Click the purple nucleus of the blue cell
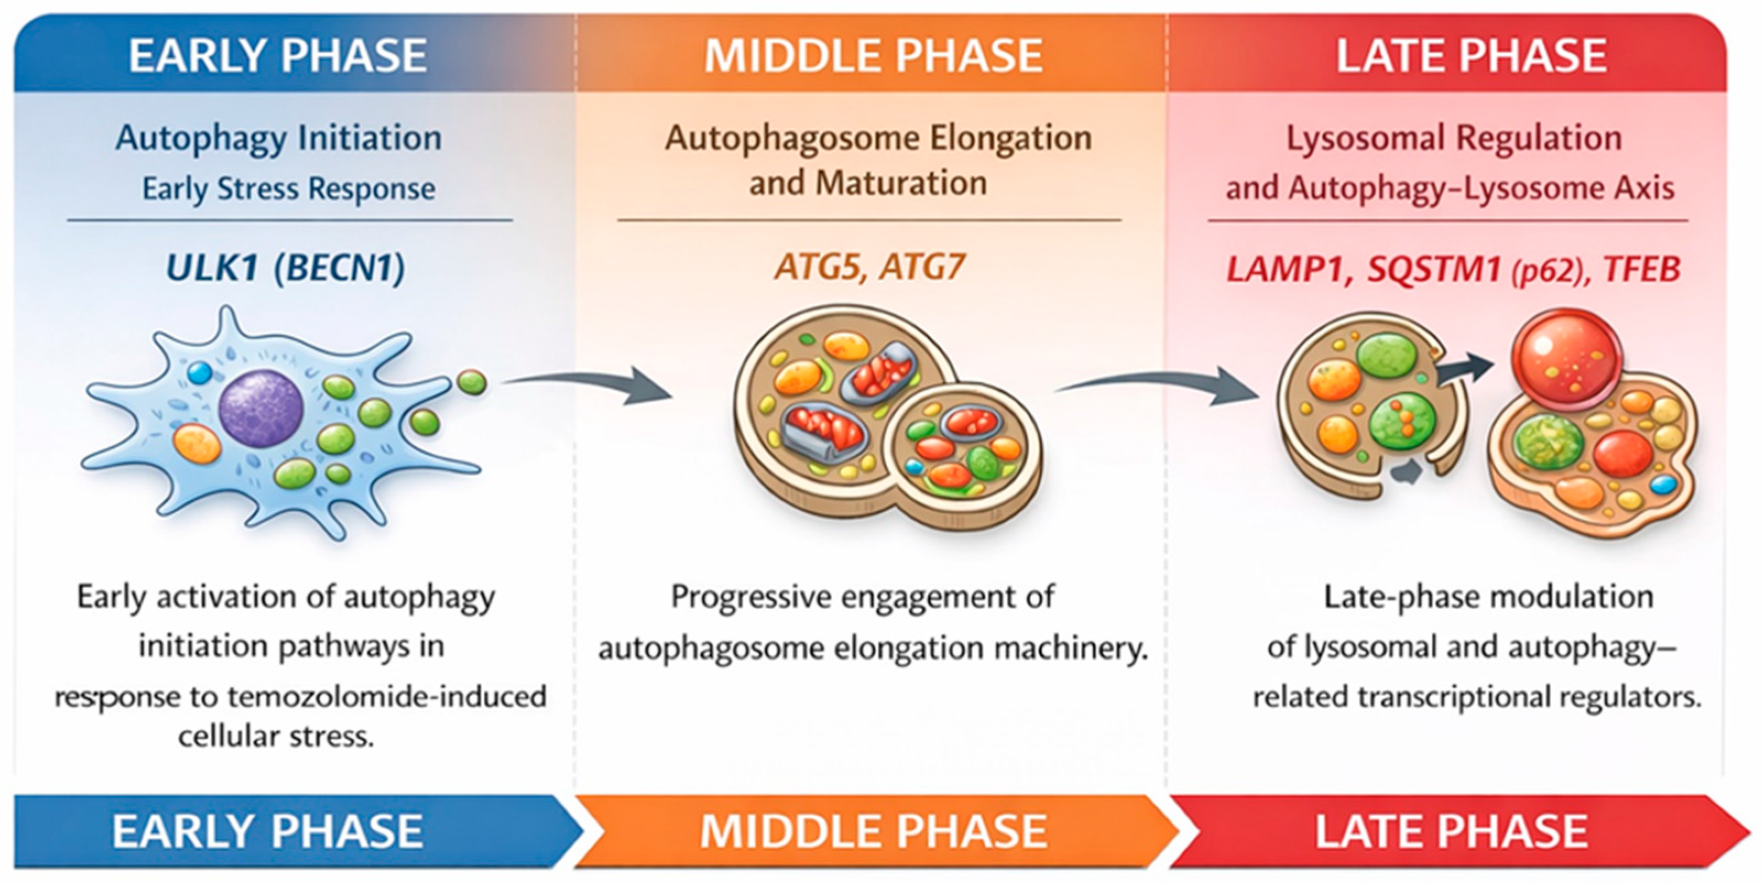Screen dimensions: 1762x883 tap(261, 408)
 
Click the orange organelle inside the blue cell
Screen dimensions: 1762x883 tap(197, 443)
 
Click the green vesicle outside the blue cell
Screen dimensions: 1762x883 tap(471, 383)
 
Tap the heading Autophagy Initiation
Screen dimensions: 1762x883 tap(278, 138)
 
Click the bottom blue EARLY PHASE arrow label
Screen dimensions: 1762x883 tap(267, 831)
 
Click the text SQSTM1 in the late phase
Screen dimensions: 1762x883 tap(1433, 270)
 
